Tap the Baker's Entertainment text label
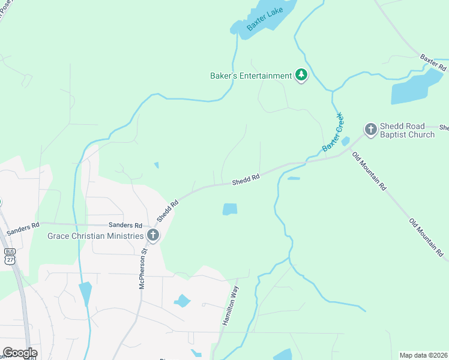tap(250, 76)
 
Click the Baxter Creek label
tap(332, 131)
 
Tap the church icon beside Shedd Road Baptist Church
tap(370, 128)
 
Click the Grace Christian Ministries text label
tap(96, 235)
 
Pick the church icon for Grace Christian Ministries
tap(153, 235)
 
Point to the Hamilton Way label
tap(231, 305)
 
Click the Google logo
tap(20, 353)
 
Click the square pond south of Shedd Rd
tap(230, 209)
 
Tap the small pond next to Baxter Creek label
tap(345, 142)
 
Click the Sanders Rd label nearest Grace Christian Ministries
tap(125, 225)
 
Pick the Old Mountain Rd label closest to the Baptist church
tap(369, 170)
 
